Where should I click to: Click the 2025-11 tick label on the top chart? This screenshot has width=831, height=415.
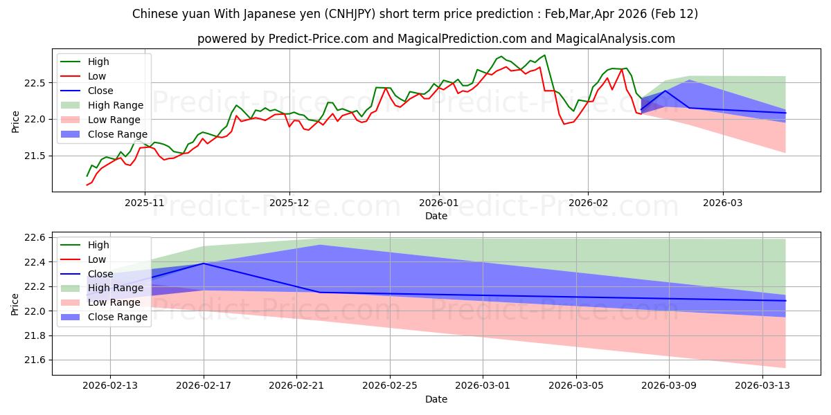pos(144,203)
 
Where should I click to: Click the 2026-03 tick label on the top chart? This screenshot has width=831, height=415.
pos(723,203)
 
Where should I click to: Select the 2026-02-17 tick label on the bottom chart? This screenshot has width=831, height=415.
pos(204,386)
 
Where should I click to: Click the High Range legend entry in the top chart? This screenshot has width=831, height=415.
pos(115,105)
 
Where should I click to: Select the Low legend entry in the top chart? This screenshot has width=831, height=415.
pos(96,76)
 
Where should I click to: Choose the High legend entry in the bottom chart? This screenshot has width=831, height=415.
pos(98,245)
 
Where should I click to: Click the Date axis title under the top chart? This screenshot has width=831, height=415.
pos(436,216)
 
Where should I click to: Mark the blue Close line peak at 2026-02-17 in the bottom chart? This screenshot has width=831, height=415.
pos(204,264)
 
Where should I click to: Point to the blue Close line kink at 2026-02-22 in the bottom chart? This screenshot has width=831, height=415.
pos(320,292)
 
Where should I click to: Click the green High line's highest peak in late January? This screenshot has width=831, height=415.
pos(544,55)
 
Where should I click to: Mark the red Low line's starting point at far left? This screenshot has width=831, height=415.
pos(87,185)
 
